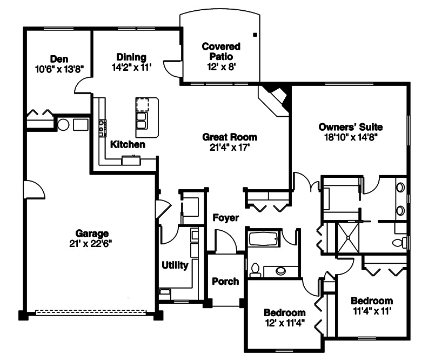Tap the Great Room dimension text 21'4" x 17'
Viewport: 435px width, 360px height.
click(x=230, y=146)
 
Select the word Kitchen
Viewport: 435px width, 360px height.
click(x=128, y=144)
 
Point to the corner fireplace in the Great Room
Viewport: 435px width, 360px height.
click(x=275, y=99)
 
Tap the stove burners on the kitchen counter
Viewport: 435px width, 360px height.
click(x=101, y=128)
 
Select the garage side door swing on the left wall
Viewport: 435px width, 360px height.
click(x=32, y=190)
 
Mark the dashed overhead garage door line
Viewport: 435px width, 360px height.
click(x=91, y=312)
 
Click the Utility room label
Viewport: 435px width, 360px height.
click(x=175, y=265)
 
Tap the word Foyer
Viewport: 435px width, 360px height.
click(x=225, y=218)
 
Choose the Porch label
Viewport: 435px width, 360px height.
click(x=225, y=281)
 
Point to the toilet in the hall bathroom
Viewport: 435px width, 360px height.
click(x=255, y=270)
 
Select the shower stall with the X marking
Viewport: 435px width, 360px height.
click(x=349, y=238)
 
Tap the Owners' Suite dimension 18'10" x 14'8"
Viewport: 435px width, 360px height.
click(x=350, y=137)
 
